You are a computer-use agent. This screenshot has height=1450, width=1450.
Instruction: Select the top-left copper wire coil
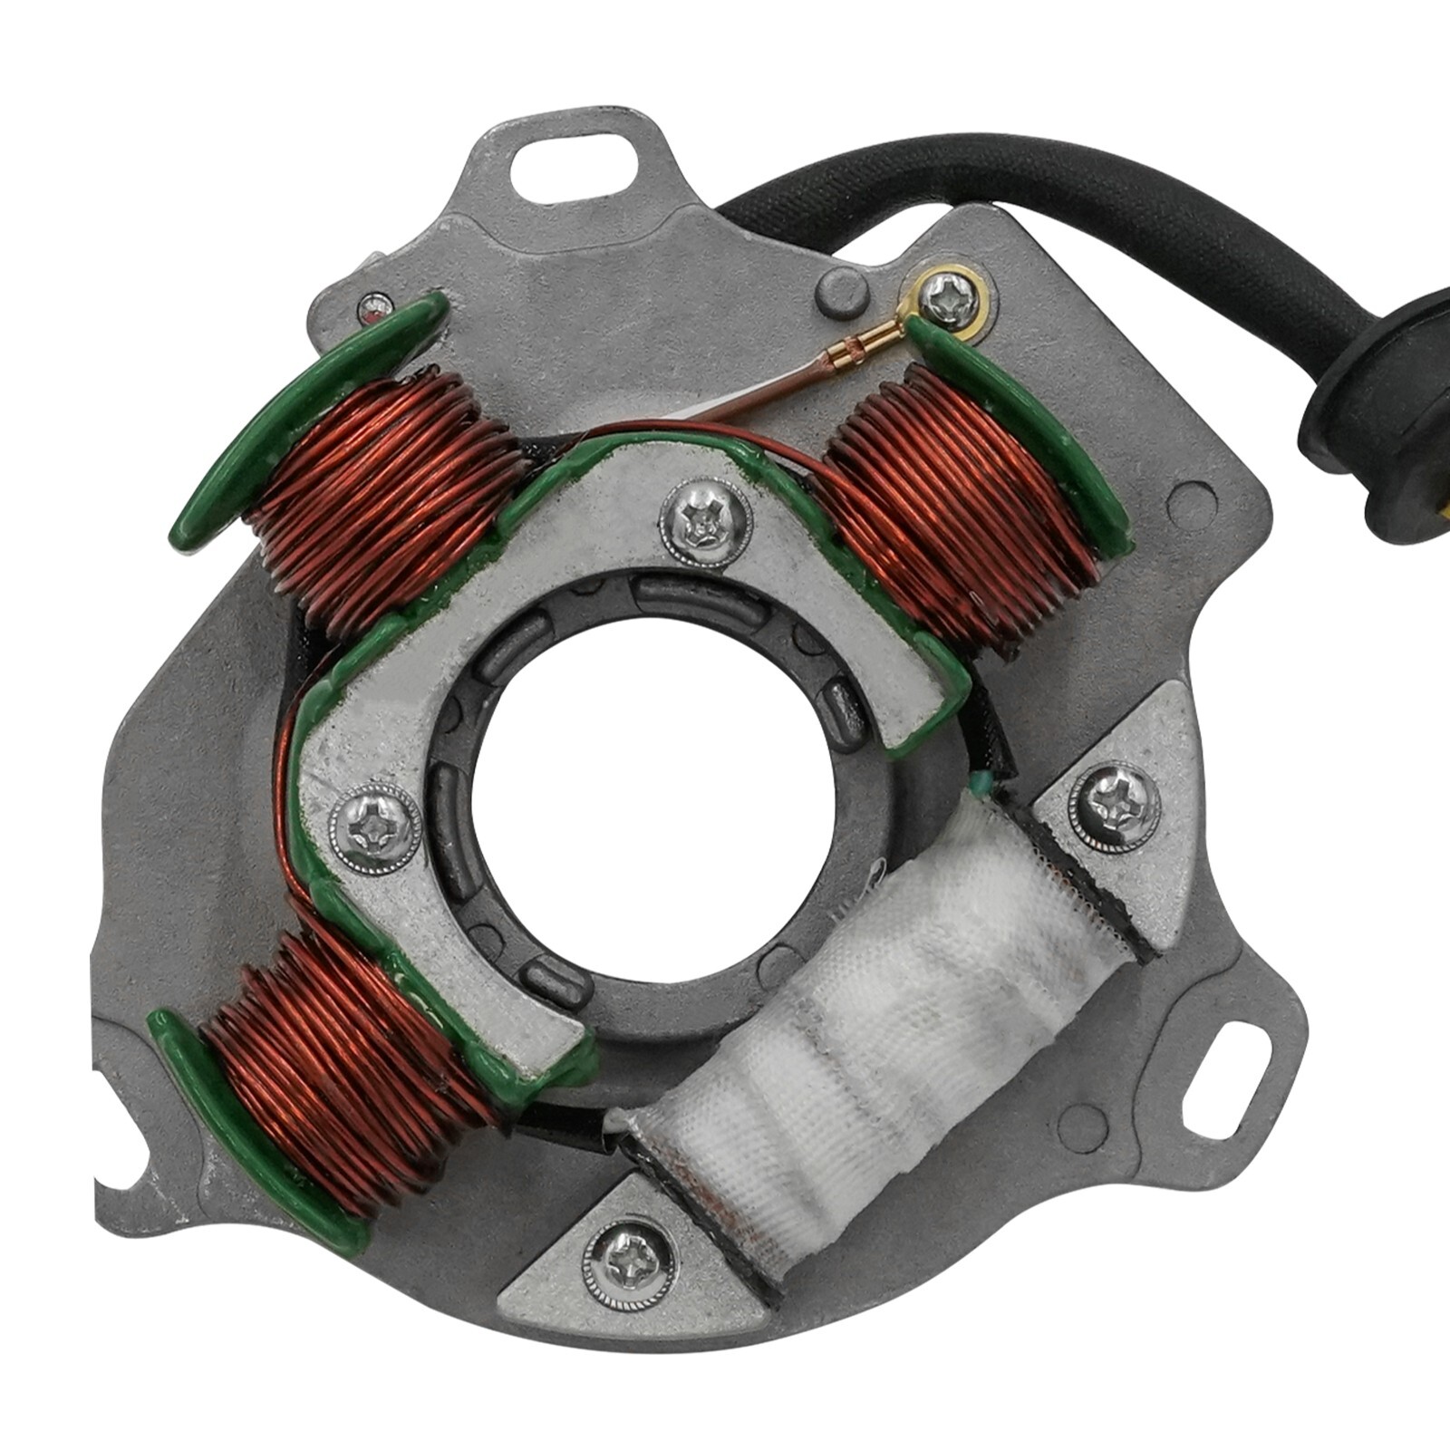coord(381,489)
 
